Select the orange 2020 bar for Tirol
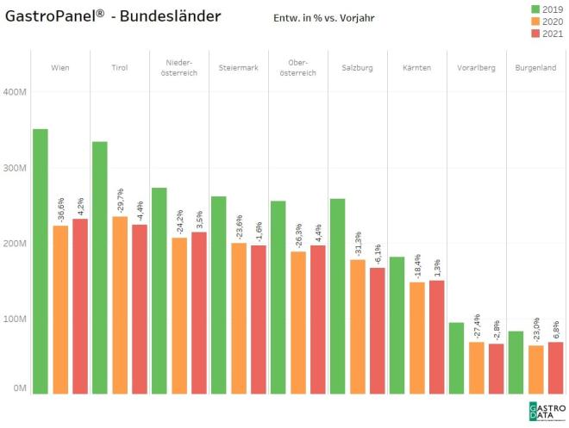pyautogui.click(x=120, y=305)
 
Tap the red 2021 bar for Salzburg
pyautogui.click(x=378, y=331)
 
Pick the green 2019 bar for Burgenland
pyautogui.click(x=516, y=363)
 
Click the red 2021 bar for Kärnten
pyautogui.click(x=437, y=337)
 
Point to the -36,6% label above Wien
pyautogui.click(x=60, y=211)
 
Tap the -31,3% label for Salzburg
pyautogui.click(x=358, y=244)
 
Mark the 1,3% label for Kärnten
pyautogui.click(x=437, y=268)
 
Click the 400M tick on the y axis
pyautogui.click(x=16, y=92)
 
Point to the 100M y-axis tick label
pyautogui.click(x=16, y=319)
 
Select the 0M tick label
pyautogui.click(x=18, y=389)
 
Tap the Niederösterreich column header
pyautogui.click(x=179, y=67)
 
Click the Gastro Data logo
pyautogui.click(x=543, y=410)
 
